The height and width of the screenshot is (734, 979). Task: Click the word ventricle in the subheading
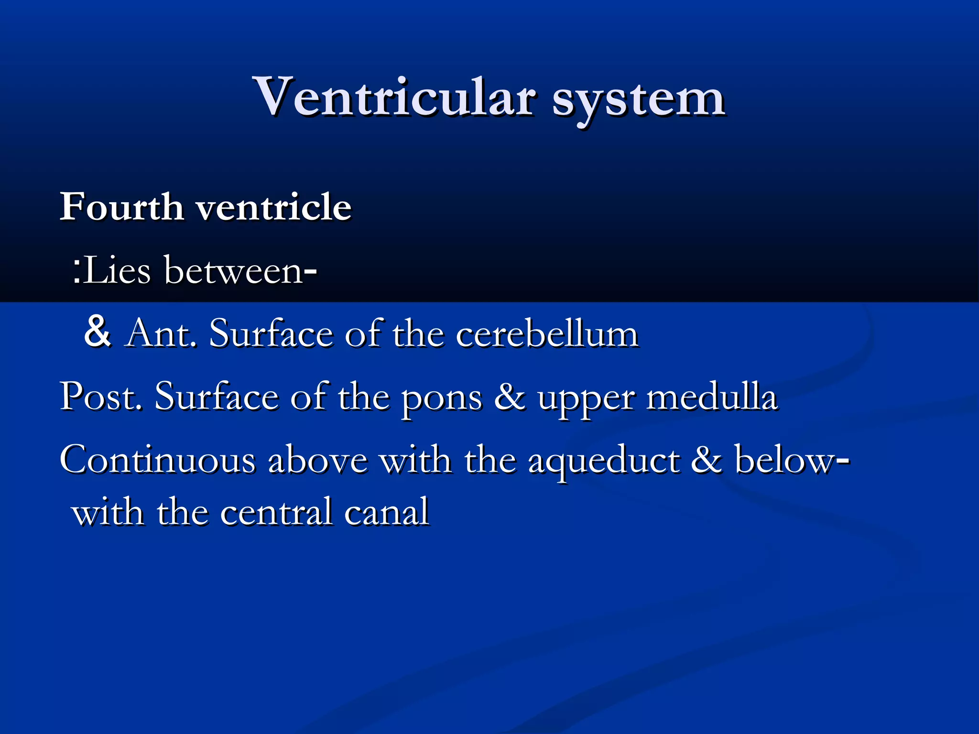coord(274,207)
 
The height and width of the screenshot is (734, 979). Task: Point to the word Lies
coord(117,270)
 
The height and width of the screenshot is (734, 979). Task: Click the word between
coord(234,270)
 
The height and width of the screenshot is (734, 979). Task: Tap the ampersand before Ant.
coord(98,332)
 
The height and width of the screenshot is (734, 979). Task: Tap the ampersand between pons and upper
coord(510,397)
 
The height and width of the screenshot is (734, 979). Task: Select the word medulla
coord(712,397)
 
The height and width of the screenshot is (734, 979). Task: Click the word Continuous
coord(158,460)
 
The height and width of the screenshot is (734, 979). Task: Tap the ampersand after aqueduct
coord(707,460)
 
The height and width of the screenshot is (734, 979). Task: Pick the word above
coord(318,460)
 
